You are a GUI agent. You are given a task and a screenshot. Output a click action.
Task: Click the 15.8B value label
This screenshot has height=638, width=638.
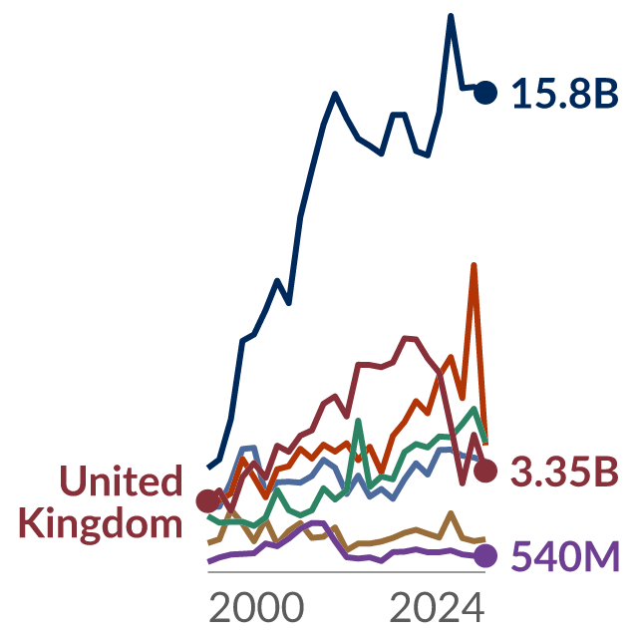click(565, 94)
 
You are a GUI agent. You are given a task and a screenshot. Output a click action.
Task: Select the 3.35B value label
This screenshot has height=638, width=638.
click(565, 472)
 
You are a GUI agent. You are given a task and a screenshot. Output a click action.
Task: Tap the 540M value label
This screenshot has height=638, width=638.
click(565, 556)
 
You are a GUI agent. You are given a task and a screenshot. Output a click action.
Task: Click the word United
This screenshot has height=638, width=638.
click(121, 480)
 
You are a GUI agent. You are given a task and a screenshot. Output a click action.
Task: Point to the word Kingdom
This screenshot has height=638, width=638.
click(101, 525)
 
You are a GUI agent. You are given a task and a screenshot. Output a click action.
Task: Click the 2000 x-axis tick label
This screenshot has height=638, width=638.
click(256, 608)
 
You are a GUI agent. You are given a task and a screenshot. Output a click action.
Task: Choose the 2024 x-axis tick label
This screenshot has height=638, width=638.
click(437, 608)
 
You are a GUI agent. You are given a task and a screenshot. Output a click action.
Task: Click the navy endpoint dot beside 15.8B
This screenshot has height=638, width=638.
click(485, 93)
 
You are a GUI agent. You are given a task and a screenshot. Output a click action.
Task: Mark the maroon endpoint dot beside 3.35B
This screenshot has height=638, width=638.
click(485, 471)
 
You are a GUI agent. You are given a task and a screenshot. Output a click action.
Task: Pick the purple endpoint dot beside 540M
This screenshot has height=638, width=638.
click(485, 555)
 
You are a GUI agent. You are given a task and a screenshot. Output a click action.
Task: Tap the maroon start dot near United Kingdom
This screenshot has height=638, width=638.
click(208, 500)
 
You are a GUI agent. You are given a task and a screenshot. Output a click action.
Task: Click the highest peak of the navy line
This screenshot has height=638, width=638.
click(451, 16)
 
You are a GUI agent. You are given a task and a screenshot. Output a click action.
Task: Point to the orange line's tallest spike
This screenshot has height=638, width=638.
click(474, 266)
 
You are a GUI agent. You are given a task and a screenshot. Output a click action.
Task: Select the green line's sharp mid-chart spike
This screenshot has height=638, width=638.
click(358, 421)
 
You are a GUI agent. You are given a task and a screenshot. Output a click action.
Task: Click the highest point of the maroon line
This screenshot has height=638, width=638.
click(410, 339)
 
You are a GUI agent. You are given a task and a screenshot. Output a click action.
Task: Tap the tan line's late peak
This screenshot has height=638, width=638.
click(451, 513)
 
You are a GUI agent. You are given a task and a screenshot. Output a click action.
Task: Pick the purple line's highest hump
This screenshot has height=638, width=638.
click(317, 522)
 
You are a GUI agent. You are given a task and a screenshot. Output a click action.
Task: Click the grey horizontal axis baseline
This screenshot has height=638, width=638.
click(347, 572)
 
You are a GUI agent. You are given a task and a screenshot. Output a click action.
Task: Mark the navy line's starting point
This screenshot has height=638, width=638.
click(208, 468)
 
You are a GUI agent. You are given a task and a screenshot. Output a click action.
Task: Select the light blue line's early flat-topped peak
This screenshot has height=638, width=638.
click(248, 448)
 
